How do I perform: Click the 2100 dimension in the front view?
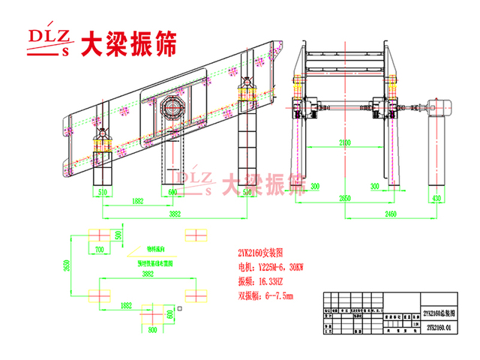tap(344, 141)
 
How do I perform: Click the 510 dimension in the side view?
tap(103, 191)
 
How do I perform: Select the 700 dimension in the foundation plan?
tap(98, 249)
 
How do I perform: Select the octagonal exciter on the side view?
tap(173, 109)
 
